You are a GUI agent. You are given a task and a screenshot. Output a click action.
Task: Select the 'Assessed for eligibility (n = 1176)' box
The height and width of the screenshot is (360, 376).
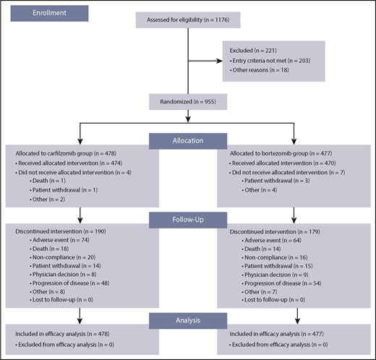click(x=187, y=18)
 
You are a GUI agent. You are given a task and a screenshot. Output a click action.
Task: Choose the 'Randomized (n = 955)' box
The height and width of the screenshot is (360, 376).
click(x=187, y=103)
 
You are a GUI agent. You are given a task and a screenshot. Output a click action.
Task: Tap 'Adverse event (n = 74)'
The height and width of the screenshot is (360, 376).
click(x=59, y=238)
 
